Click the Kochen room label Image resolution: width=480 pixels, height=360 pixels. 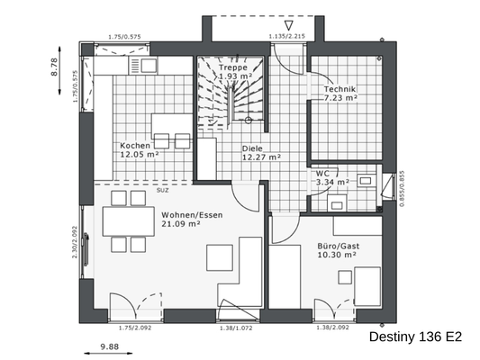point(135,145)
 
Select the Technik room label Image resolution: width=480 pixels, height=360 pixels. point(340,89)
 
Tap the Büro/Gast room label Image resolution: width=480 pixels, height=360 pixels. point(339,244)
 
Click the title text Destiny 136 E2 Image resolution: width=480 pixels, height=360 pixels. point(415,337)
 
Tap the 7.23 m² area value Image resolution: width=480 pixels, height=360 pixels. point(340,99)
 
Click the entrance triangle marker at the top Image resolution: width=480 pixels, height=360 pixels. point(288,24)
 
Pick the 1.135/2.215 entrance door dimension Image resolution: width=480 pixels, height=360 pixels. point(288,37)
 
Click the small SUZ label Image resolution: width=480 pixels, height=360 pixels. point(162,191)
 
